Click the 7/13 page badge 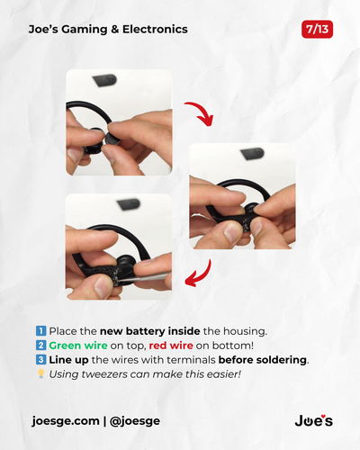[317, 30]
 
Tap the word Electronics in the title [155, 29]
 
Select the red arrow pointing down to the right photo [200, 113]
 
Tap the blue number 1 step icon [40, 331]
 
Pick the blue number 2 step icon [40, 346]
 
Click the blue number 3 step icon [40, 359]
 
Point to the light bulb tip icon [41, 373]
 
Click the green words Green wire [78, 346]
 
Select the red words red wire [171, 346]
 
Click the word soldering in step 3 [281, 360]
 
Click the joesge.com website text [66, 421]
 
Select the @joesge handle [135, 421]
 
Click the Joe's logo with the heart [314, 420]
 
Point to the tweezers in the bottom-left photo [147, 277]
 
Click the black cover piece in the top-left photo [104, 80]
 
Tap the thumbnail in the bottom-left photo [103, 286]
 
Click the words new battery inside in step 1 [150, 331]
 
